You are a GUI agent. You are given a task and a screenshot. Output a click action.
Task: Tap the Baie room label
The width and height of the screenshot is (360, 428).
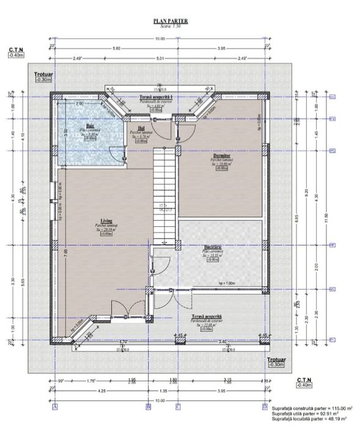point(90,125)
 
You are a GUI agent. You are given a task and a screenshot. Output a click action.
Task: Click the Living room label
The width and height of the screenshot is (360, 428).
point(106,221)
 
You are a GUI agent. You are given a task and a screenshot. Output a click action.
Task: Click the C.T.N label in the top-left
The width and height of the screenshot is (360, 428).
point(16,48)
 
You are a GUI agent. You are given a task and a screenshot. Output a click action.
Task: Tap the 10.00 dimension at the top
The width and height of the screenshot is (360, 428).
point(160,39)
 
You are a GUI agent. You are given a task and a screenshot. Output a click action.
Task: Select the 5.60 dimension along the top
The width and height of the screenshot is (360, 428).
point(116,48)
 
